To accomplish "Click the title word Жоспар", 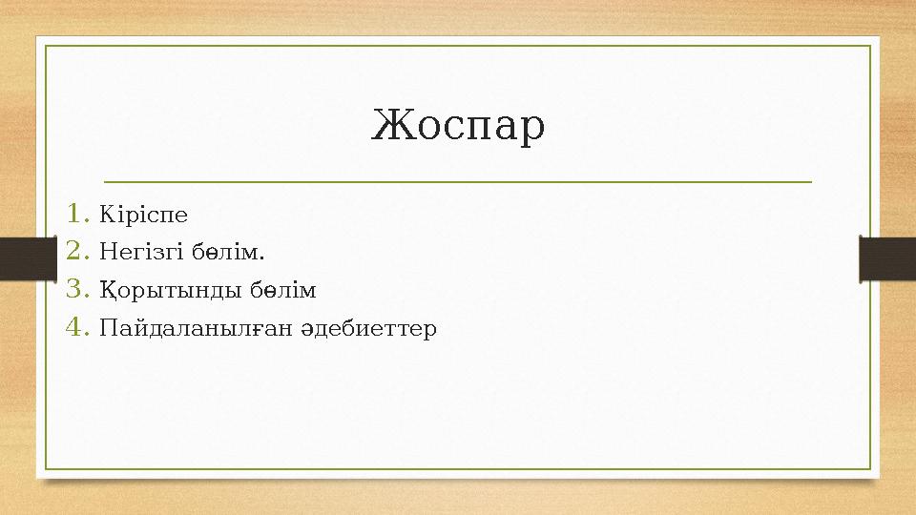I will tap(458, 126).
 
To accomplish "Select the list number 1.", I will tap(76, 214).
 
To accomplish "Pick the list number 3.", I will tap(76, 289).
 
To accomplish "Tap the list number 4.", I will tap(76, 328).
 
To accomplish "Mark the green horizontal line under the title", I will tap(457, 180).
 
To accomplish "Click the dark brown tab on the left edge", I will tap(28, 258).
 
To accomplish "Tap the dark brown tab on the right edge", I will tap(887, 258).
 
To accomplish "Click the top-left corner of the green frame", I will tap(47, 45).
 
